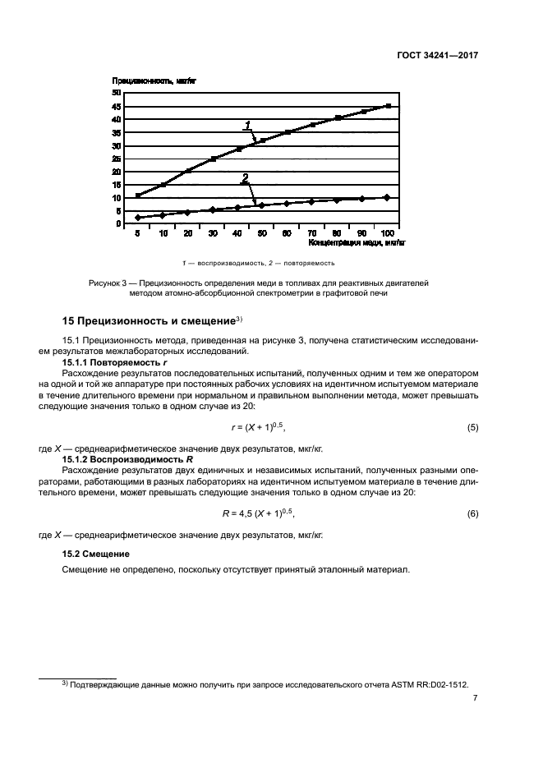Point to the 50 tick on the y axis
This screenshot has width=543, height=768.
(x=117, y=93)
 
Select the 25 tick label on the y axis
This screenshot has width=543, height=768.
(x=117, y=159)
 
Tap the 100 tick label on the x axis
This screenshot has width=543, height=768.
(x=388, y=234)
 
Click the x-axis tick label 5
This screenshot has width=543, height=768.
(x=138, y=234)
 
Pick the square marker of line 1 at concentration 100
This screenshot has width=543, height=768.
(x=388, y=106)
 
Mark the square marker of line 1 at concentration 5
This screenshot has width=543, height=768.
(x=138, y=195)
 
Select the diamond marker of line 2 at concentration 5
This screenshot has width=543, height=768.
(x=138, y=218)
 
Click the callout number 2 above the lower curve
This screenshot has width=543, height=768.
(x=244, y=178)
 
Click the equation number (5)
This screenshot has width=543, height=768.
(x=472, y=428)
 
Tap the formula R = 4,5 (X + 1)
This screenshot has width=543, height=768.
(x=258, y=513)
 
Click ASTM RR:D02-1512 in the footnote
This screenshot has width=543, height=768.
(x=424, y=683)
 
